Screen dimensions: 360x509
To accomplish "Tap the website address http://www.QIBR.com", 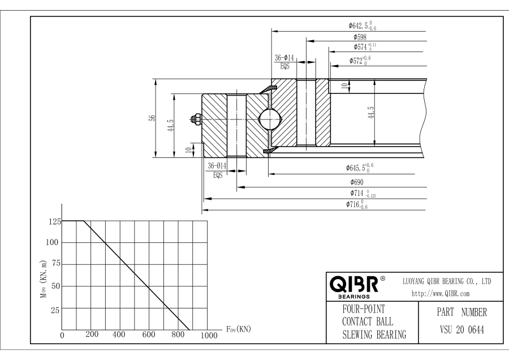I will pos(434,293).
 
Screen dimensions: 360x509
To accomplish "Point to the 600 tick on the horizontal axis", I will pos(149,335).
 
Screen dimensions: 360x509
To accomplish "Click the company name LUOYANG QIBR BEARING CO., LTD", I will pos(446,281).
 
